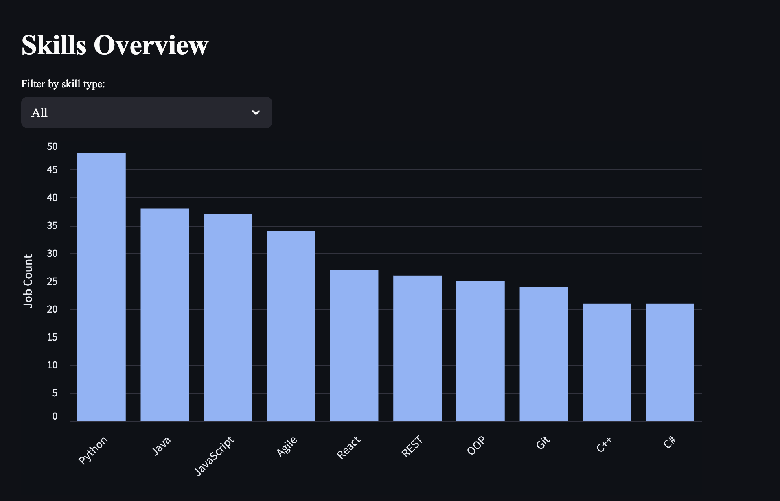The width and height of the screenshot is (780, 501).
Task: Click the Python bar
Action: tap(101, 287)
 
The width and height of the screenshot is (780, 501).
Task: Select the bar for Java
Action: tap(165, 315)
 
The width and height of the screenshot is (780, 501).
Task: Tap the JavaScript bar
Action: tap(228, 317)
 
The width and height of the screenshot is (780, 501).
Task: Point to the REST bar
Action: tap(417, 348)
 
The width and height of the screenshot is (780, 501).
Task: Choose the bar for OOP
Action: tap(480, 351)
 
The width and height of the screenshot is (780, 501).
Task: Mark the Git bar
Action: tap(543, 354)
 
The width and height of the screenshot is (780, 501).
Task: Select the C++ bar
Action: tap(607, 362)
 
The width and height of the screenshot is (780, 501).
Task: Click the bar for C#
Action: tap(670, 362)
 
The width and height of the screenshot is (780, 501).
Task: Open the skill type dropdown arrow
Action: tap(256, 112)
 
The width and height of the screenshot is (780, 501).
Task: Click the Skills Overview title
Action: tap(115, 45)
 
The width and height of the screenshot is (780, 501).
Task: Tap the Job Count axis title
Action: tap(28, 280)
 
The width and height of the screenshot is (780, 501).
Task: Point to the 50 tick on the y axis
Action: tap(52, 147)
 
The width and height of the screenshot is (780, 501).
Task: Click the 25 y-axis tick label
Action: tap(52, 282)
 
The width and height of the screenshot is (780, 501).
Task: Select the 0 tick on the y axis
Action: tap(55, 416)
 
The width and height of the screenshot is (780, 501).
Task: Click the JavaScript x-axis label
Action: tap(215, 456)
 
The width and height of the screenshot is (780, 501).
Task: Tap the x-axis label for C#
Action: tap(670, 442)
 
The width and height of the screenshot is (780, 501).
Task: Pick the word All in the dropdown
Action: tap(39, 113)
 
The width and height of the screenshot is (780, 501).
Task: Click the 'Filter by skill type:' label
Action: tap(63, 84)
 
